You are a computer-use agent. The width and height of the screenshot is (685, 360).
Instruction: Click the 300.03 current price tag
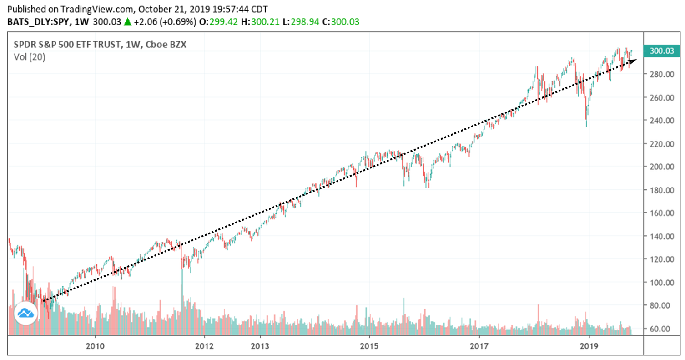(x=660, y=51)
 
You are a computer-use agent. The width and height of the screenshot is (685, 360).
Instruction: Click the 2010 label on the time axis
(x=96, y=345)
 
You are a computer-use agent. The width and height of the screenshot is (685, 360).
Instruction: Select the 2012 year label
(x=205, y=345)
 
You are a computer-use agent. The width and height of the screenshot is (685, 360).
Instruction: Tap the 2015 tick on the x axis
(x=369, y=345)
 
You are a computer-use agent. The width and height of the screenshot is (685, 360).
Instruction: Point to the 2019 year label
(x=589, y=345)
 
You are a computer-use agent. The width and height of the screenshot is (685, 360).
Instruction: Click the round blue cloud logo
(x=26, y=313)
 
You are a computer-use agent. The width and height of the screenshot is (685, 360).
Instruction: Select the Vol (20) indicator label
(x=29, y=57)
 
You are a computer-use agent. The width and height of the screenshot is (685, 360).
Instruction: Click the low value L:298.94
(x=302, y=21)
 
